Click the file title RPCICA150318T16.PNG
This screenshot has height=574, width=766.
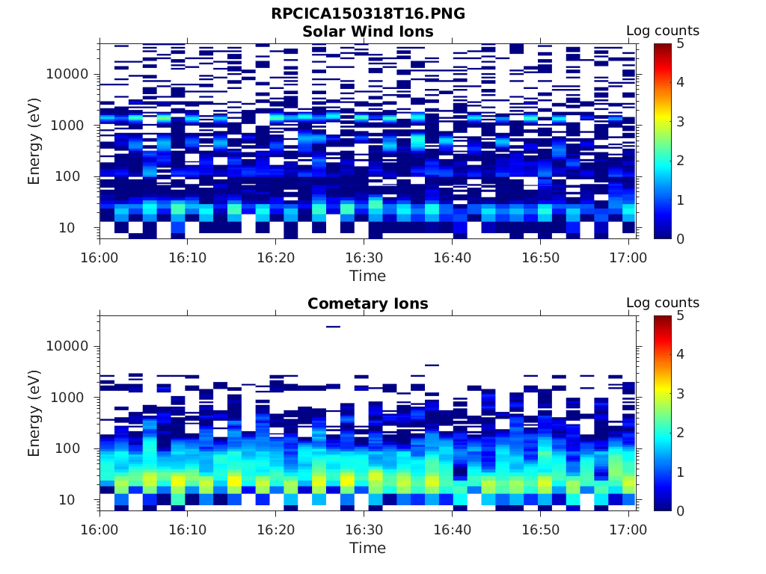point(367,13)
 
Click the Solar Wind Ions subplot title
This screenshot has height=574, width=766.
point(367,31)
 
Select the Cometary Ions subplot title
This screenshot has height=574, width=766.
point(367,303)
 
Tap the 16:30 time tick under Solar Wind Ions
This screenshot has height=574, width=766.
point(364,258)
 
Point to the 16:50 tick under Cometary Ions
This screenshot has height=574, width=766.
point(540,530)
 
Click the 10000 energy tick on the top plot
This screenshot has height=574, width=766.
point(67,74)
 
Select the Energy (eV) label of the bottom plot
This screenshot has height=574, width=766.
point(34,413)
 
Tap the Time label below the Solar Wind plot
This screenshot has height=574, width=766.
point(367,276)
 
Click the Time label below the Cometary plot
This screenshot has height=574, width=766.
point(367,548)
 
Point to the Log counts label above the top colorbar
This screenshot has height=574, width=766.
point(662,31)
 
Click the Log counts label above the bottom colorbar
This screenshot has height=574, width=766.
point(662,303)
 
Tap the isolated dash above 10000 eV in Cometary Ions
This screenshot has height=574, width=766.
point(333,327)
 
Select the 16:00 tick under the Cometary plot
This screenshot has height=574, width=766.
point(99,530)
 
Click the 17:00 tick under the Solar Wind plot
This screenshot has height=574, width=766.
point(628,258)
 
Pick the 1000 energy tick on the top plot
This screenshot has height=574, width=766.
point(71,126)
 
